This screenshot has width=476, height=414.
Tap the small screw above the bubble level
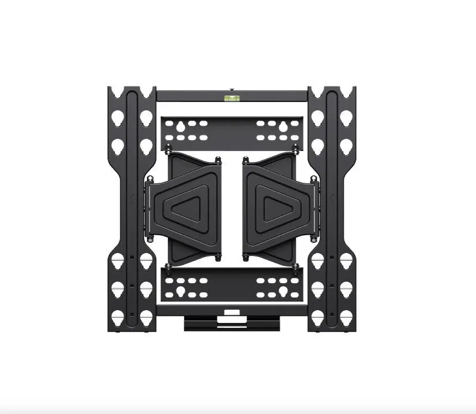[x=232, y=90]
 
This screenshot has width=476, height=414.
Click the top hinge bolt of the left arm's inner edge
[x=218, y=160]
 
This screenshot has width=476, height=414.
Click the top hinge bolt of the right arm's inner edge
[x=245, y=160]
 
